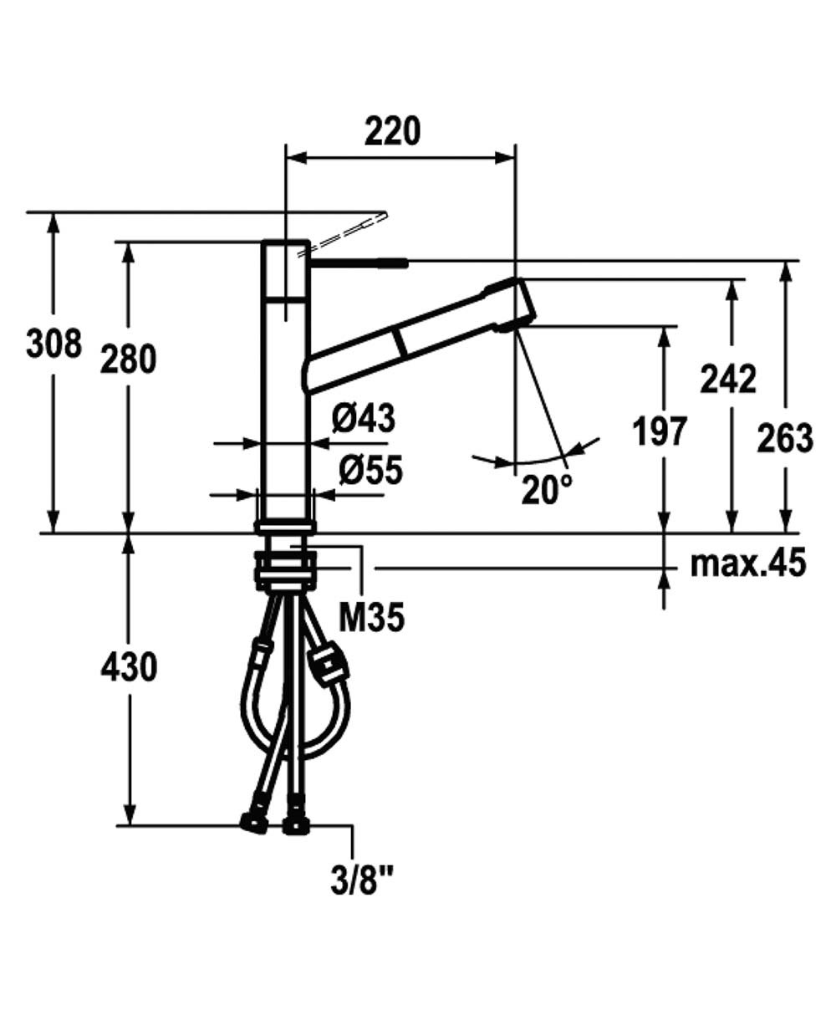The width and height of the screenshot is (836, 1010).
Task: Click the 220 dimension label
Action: (x=392, y=131)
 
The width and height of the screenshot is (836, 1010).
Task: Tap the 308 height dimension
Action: (x=54, y=344)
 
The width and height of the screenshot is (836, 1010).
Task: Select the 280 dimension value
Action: (x=128, y=359)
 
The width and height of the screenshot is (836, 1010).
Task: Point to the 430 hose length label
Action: (x=129, y=667)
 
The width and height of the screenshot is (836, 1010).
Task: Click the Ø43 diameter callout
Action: (x=364, y=418)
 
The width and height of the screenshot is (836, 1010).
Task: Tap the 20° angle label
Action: (x=547, y=489)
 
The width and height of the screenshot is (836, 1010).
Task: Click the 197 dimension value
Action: (x=660, y=431)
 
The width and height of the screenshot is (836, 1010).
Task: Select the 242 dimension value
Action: (x=728, y=380)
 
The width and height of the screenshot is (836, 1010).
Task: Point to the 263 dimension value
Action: (x=785, y=438)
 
